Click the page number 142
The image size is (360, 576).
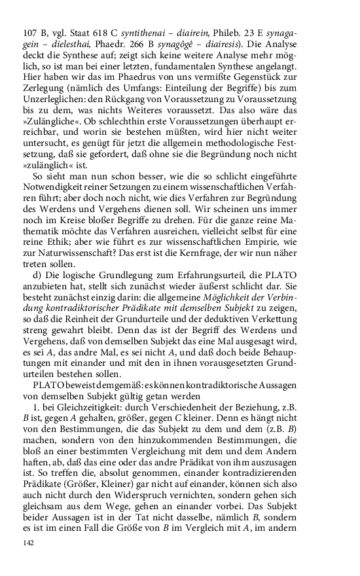(x=28, y=543)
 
